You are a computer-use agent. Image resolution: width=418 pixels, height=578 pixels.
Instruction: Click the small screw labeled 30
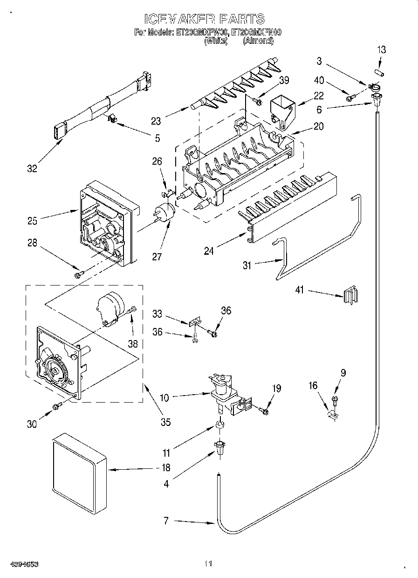[56, 406]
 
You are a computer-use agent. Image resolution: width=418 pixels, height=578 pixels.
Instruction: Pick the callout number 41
[299, 290]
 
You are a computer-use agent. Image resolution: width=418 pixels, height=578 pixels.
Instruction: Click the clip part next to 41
[350, 295]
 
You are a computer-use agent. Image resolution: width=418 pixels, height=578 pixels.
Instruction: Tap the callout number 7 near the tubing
[165, 521]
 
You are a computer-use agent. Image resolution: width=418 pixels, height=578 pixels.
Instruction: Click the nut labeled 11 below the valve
[219, 426]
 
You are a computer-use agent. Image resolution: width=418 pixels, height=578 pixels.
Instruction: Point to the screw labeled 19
[263, 411]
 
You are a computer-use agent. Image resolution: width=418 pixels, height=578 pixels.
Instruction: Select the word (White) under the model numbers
[215, 41]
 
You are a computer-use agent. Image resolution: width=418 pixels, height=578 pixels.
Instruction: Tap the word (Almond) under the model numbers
[258, 41]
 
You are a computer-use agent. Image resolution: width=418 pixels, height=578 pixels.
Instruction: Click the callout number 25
[31, 221]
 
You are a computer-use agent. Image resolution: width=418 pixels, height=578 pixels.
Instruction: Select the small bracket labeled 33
[194, 322]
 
